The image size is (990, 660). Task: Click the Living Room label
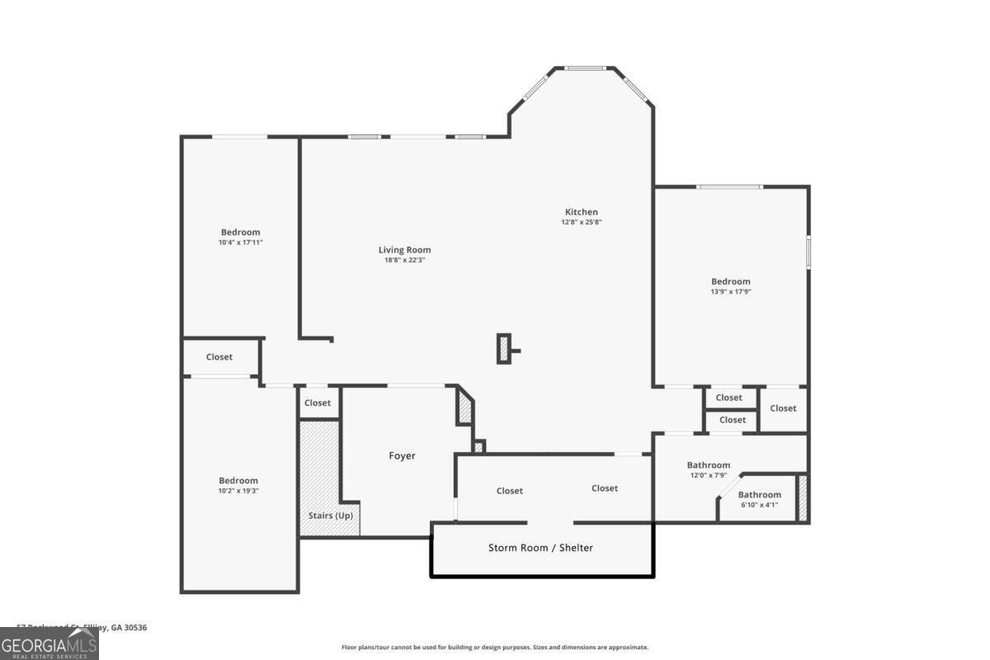[404, 250]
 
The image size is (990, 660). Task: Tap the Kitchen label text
[581, 212]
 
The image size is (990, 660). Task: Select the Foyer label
[402, 455]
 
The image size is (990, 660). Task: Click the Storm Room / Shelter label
[540, 547]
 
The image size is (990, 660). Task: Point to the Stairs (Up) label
[329, 516]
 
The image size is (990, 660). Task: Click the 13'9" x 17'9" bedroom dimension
[731, 291]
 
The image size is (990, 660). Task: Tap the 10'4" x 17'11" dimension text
[240, 243]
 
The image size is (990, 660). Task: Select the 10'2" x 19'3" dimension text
[238, 491]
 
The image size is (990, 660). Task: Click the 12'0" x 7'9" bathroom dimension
[708, 475]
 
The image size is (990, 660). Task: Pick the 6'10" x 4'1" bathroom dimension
[759, 505]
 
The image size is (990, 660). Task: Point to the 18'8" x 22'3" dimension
[404, 260]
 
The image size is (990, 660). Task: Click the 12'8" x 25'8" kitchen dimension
[582, 222]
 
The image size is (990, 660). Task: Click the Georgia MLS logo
[49, 643]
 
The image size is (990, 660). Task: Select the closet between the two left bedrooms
[220, 357]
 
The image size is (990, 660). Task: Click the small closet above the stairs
[318, 403]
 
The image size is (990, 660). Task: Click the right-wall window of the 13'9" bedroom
[808, 252]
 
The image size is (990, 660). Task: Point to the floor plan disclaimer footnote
[495, 648]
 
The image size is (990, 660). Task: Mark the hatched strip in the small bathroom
[802, 497]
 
